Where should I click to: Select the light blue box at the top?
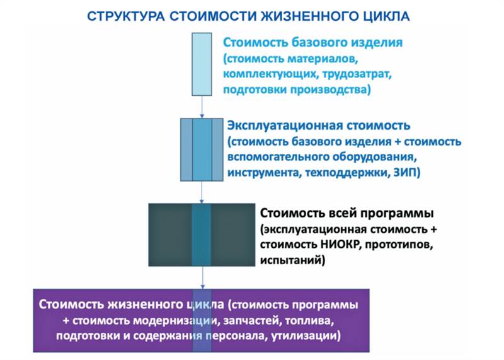click(x=201, y=64)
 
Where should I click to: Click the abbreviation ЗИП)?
click(x=405, y=171)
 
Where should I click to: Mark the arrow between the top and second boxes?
click(x=201, y=107)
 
